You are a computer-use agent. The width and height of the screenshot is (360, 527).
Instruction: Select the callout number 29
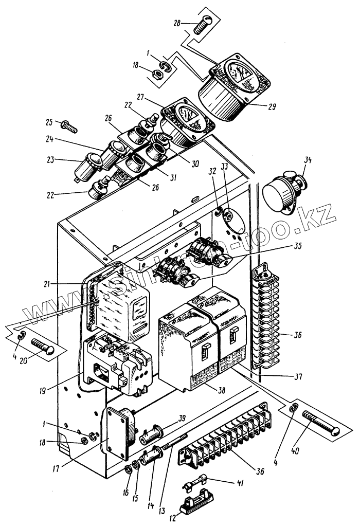pyautogui.click(x=272, y=107)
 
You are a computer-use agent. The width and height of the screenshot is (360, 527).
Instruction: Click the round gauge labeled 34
pyautogui.click(x=282, y=192)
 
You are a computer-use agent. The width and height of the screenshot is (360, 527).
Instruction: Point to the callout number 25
pyautogui.click(x=49, y=122)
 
